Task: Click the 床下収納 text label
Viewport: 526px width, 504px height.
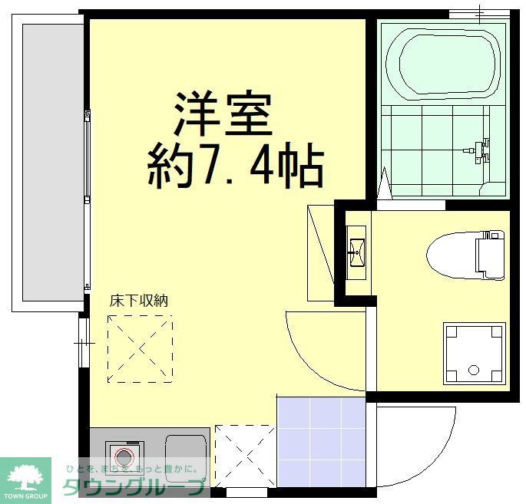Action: [137, 301]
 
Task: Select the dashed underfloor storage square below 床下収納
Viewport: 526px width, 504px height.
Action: [140, 349]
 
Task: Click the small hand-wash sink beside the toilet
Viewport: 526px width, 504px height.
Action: [356, 249]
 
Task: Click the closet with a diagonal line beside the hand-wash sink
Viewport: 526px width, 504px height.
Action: [320, 253]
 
